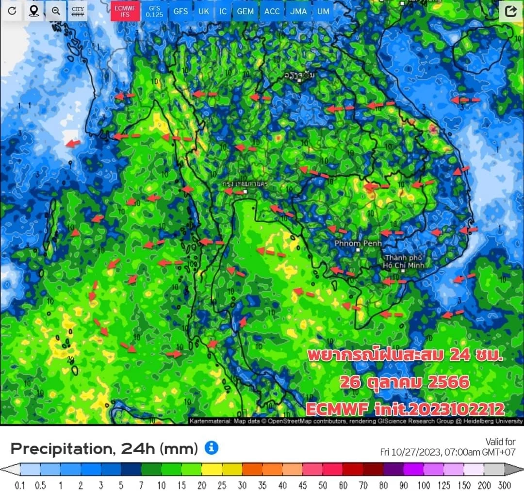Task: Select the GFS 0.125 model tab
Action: pyautogui.click(x=154, y=11)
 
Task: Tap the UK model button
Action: pyautogui.click(x=204, y=11)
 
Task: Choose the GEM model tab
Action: pyautogui.click(x=246, y=11)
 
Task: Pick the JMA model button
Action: pyautogui.click(x=298, y=11)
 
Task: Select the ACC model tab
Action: pyautogui.click(x=272, y=11)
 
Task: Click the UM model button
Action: pyautogui.click(x=323, y=11)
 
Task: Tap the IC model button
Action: pyautogui.click(x=223, y=11)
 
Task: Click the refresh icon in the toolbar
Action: pyautogui.click(x=12, y=11)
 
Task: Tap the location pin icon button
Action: pyautogui.click(x=34, y=11)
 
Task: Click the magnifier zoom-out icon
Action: pyautogui.click(x=56, y=11)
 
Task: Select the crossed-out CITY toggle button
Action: pyautogui.click(x=77, y=11)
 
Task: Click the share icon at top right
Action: pyautogui.click(x=510, y=11)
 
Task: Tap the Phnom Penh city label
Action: pyautogui.click(x=358, y=243)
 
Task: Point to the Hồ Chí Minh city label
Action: pyautogui.click(x=404, y=262)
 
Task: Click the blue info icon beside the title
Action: pyautogui.click(x=211, y=448)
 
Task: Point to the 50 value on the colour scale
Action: pyautogui.click(x=323, y=486)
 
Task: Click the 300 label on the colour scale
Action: pyautogui.click(x=505, y=486)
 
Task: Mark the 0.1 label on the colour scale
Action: pyautogui.click(x=20, y=486)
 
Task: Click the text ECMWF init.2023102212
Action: pyautogui.click(x=405, y=409)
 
